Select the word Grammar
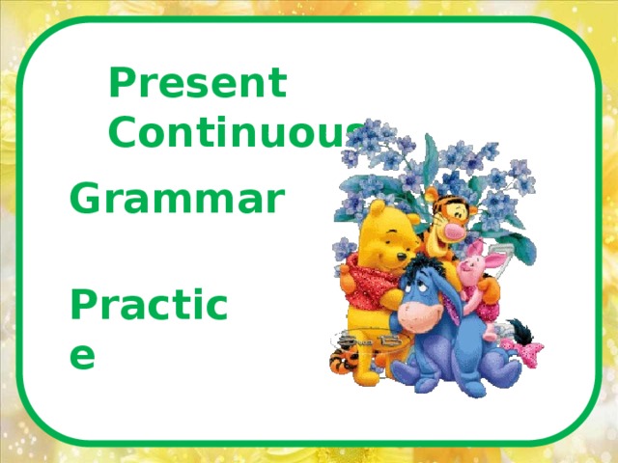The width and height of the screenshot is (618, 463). [177, 201]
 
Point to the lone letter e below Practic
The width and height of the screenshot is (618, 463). [83, 355]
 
